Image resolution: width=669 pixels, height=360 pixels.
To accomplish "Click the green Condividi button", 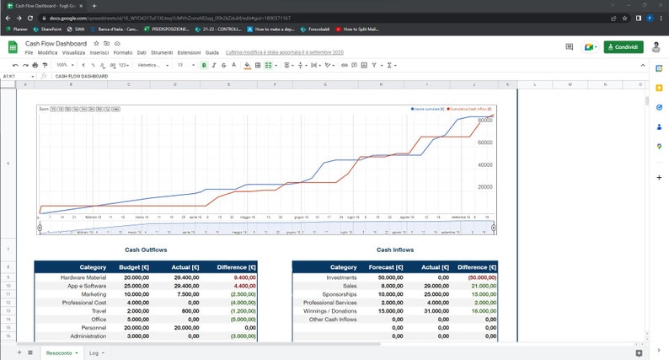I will pos(624,47).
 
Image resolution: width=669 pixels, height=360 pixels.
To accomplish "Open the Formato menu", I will pos(123,52).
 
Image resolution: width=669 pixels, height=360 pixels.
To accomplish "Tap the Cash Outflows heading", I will pos(146,250).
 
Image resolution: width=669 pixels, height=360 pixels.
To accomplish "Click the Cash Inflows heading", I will pos(395,250).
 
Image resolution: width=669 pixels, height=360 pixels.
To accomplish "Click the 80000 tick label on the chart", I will pos(484,121).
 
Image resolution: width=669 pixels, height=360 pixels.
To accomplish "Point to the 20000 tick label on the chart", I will pos(484,186).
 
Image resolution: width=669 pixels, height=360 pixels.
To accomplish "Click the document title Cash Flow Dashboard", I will pos(56,43).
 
